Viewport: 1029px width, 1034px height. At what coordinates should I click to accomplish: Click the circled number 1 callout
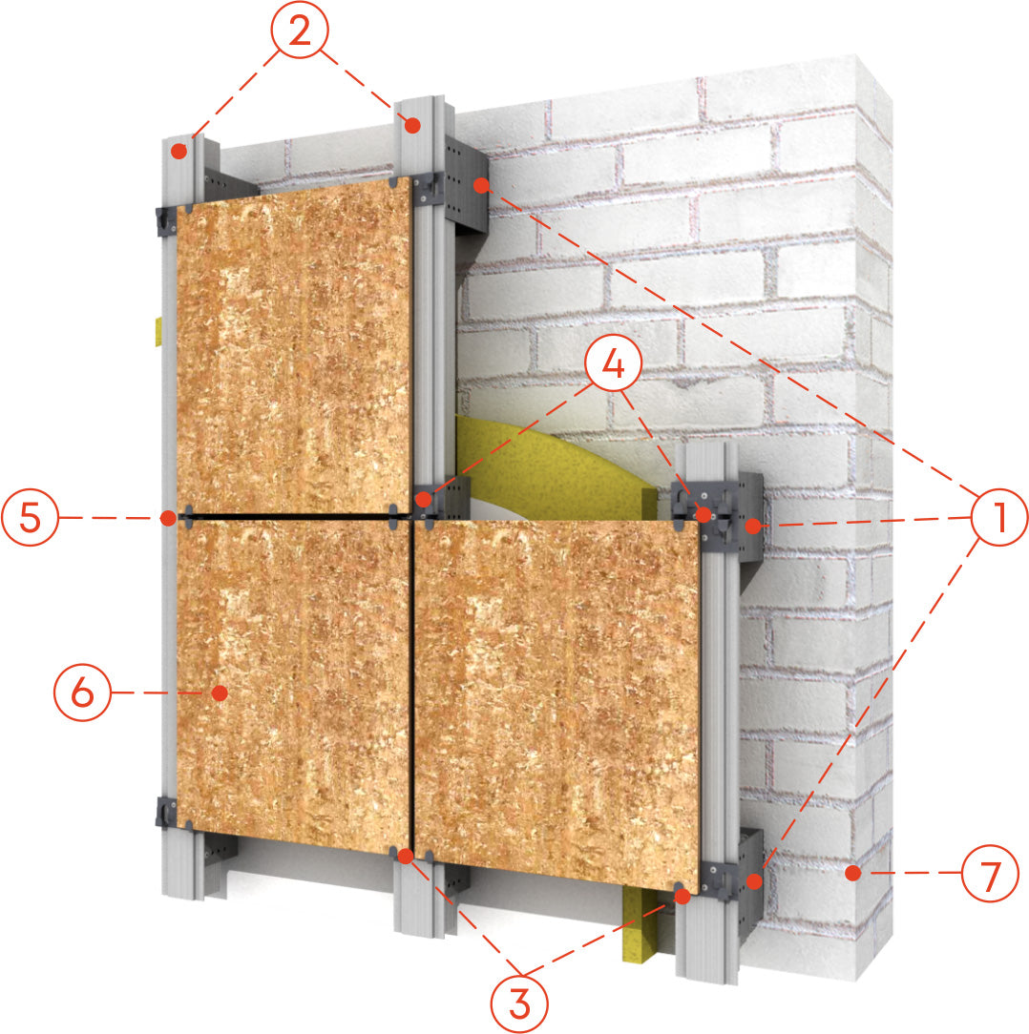click(x=999, y=517)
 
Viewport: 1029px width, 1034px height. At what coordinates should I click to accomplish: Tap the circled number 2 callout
click(x=299, y=30)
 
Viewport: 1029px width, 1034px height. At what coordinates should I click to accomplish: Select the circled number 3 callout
click(x=519, y=1004)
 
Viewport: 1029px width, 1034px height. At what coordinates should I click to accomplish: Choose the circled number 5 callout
click(x=30, y=517)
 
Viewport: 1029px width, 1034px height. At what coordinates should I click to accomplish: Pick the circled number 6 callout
click(x=82, y=693)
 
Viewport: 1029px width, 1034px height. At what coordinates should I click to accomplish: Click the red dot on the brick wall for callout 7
click(x=852, y=873)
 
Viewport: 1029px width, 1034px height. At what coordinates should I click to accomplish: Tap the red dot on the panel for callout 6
click(x=220, y=693)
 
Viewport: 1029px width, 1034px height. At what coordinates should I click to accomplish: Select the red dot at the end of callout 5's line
click(x=168, y=518)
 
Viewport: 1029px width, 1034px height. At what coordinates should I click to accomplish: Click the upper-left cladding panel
click(x=294, y=346)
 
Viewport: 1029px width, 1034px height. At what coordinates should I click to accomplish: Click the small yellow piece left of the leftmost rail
click(x=158, y=331)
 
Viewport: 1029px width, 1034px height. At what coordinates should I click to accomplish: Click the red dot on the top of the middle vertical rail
click(x=412, y=125)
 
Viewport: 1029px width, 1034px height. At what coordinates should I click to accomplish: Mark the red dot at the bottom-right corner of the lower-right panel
click(x=682, y=897)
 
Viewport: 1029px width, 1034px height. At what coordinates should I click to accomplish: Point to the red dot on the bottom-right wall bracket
click(x=754, y=880)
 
